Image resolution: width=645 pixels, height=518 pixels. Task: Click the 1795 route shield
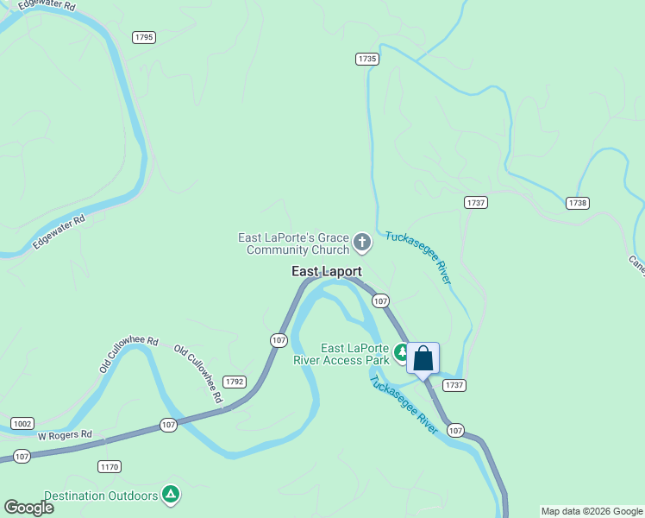coord(144,37)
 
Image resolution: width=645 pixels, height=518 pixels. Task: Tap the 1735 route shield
coord(367,59)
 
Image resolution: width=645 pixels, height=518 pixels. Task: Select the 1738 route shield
coord(578,203)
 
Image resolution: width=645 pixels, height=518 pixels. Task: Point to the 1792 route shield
coord(235,381)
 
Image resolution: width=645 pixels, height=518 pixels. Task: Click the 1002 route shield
coord(22,423)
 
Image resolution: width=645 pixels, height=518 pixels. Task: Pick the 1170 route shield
coord(110,467)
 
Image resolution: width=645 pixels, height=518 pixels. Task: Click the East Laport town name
coord(327,271)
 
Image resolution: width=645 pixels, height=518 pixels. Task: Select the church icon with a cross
coord(362,243)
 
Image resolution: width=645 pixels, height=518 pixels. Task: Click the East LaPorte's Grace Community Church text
coord(293,243)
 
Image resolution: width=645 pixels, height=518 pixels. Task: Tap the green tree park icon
coord(401,352)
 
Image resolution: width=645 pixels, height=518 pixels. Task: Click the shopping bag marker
coord(423,358)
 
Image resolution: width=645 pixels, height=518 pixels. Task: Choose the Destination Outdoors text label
coord(101,496)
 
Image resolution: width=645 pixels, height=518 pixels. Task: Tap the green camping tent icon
coord(172,494)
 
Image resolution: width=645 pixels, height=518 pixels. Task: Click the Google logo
coord(28,508)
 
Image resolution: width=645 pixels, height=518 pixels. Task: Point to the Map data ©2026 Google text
coord(592,511)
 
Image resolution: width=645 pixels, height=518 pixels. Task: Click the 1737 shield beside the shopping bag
coord(454,385)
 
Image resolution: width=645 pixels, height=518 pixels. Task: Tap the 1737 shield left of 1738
coord(476,202)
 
